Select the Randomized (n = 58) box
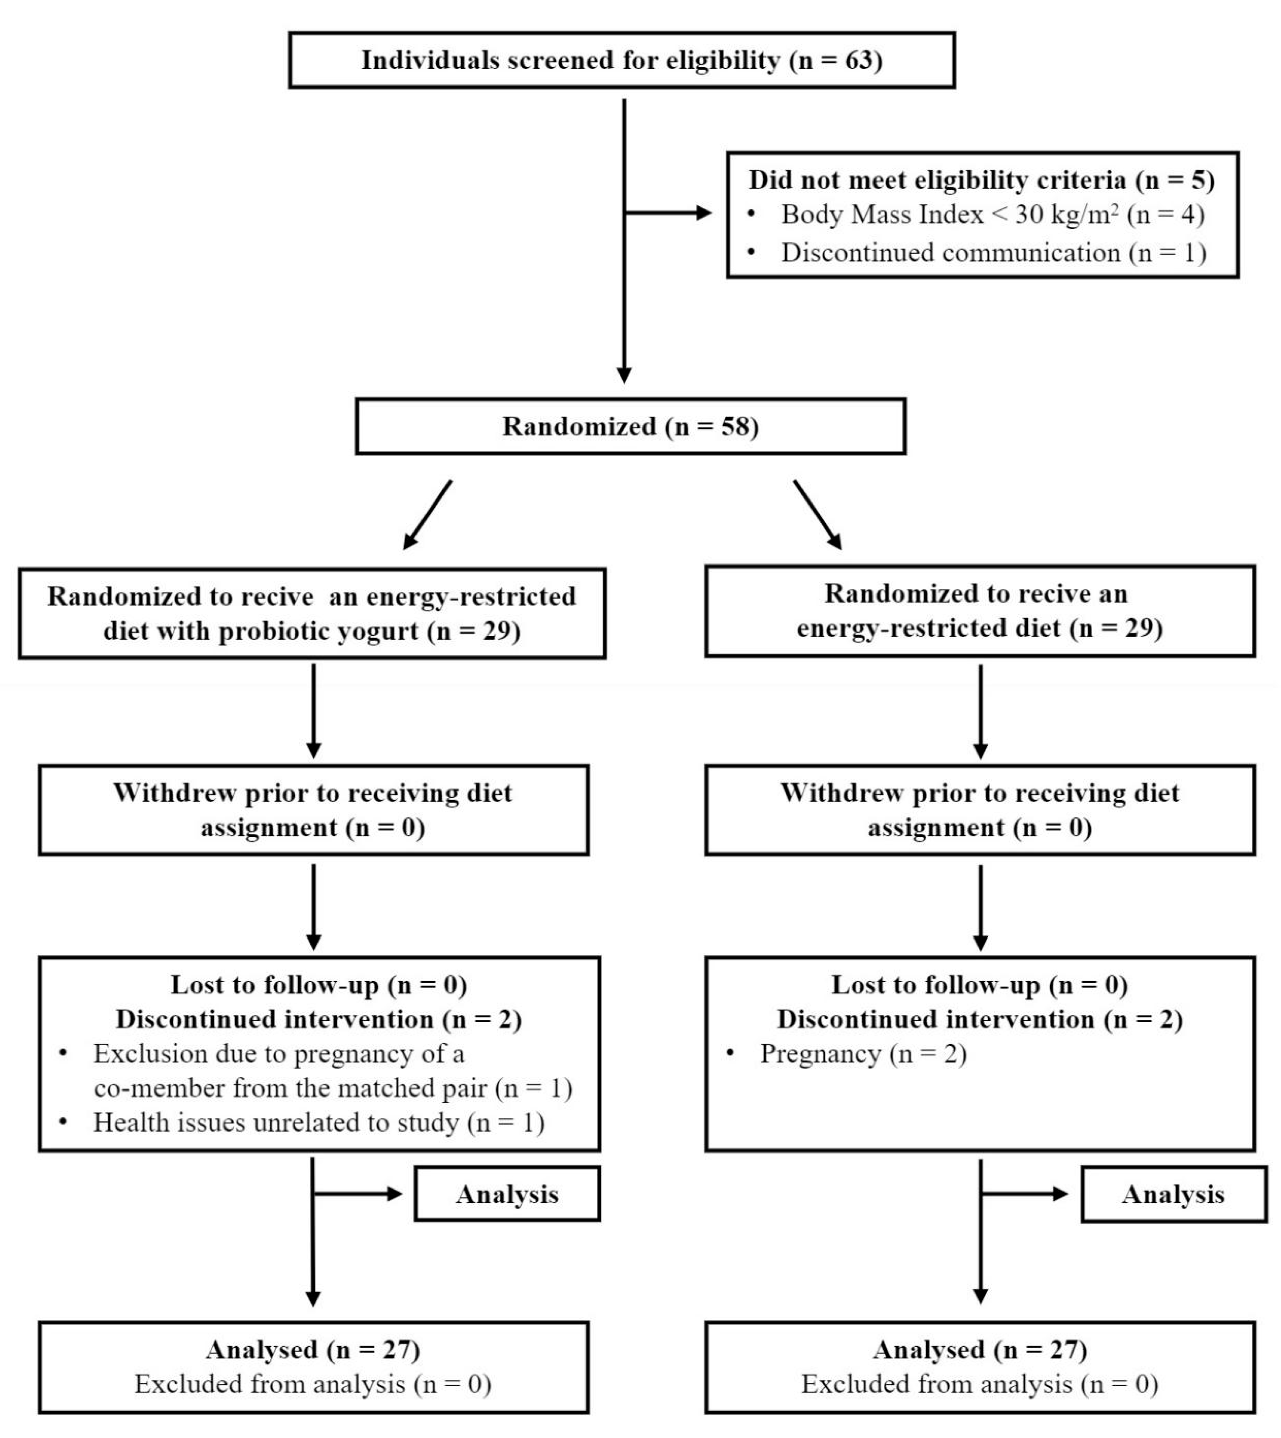click(x=630, y=427)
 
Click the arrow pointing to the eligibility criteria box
click(x=668, y=213)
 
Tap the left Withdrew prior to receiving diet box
click(x=313, y=810)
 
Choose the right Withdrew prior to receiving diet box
click(x=980, y=810)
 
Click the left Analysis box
click(x=507, y=1194)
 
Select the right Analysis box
click(x=1173, y=1194)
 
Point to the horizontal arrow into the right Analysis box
click(x=1024, y=1194)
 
